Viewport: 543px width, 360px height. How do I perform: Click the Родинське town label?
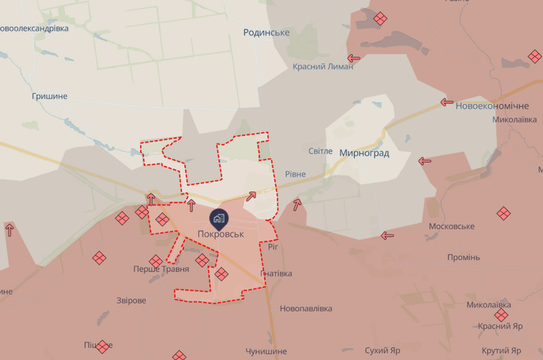pos(266,32)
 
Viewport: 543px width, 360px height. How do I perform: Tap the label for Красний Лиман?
pos(323,66)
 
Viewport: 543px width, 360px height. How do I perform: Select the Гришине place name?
pos(50,96)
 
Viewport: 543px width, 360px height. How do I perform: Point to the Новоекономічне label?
pos(492,106)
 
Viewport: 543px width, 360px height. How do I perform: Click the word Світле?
pos(320,151)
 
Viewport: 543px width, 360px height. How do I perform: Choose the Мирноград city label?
pos(364,153)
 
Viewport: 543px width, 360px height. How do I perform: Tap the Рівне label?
pos(295,174)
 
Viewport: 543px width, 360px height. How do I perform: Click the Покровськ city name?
pos(221,234)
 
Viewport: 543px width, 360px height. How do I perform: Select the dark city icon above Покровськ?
pos(218,217)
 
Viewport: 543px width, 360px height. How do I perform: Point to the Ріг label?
pos(273,247)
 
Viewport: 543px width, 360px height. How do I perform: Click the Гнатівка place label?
pos(276,273)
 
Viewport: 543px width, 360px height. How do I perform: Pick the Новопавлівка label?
pos(306,309)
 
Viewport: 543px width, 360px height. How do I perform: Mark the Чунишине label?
pos(266,351)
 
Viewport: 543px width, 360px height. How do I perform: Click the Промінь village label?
pos(463,257)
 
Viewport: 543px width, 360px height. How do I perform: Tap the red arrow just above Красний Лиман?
pos(354,58)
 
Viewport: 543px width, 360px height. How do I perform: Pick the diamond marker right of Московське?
pos(503,213)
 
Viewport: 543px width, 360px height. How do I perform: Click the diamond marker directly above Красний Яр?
pos(500,315)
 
